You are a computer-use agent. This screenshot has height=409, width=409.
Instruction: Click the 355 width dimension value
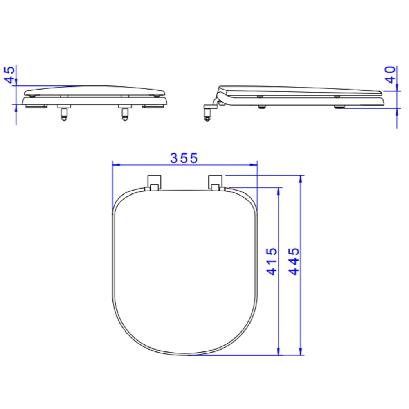184,158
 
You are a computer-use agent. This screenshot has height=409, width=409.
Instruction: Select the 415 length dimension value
272,262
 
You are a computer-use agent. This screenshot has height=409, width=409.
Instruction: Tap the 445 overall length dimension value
294,262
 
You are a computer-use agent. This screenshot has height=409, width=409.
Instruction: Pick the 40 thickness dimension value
391,75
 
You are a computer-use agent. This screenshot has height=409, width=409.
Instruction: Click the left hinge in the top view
154,183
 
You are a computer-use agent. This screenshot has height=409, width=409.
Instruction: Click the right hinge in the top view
216,183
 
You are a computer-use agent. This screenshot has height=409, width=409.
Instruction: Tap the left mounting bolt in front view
64,113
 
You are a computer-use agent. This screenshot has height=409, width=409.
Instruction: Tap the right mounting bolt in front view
125,113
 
